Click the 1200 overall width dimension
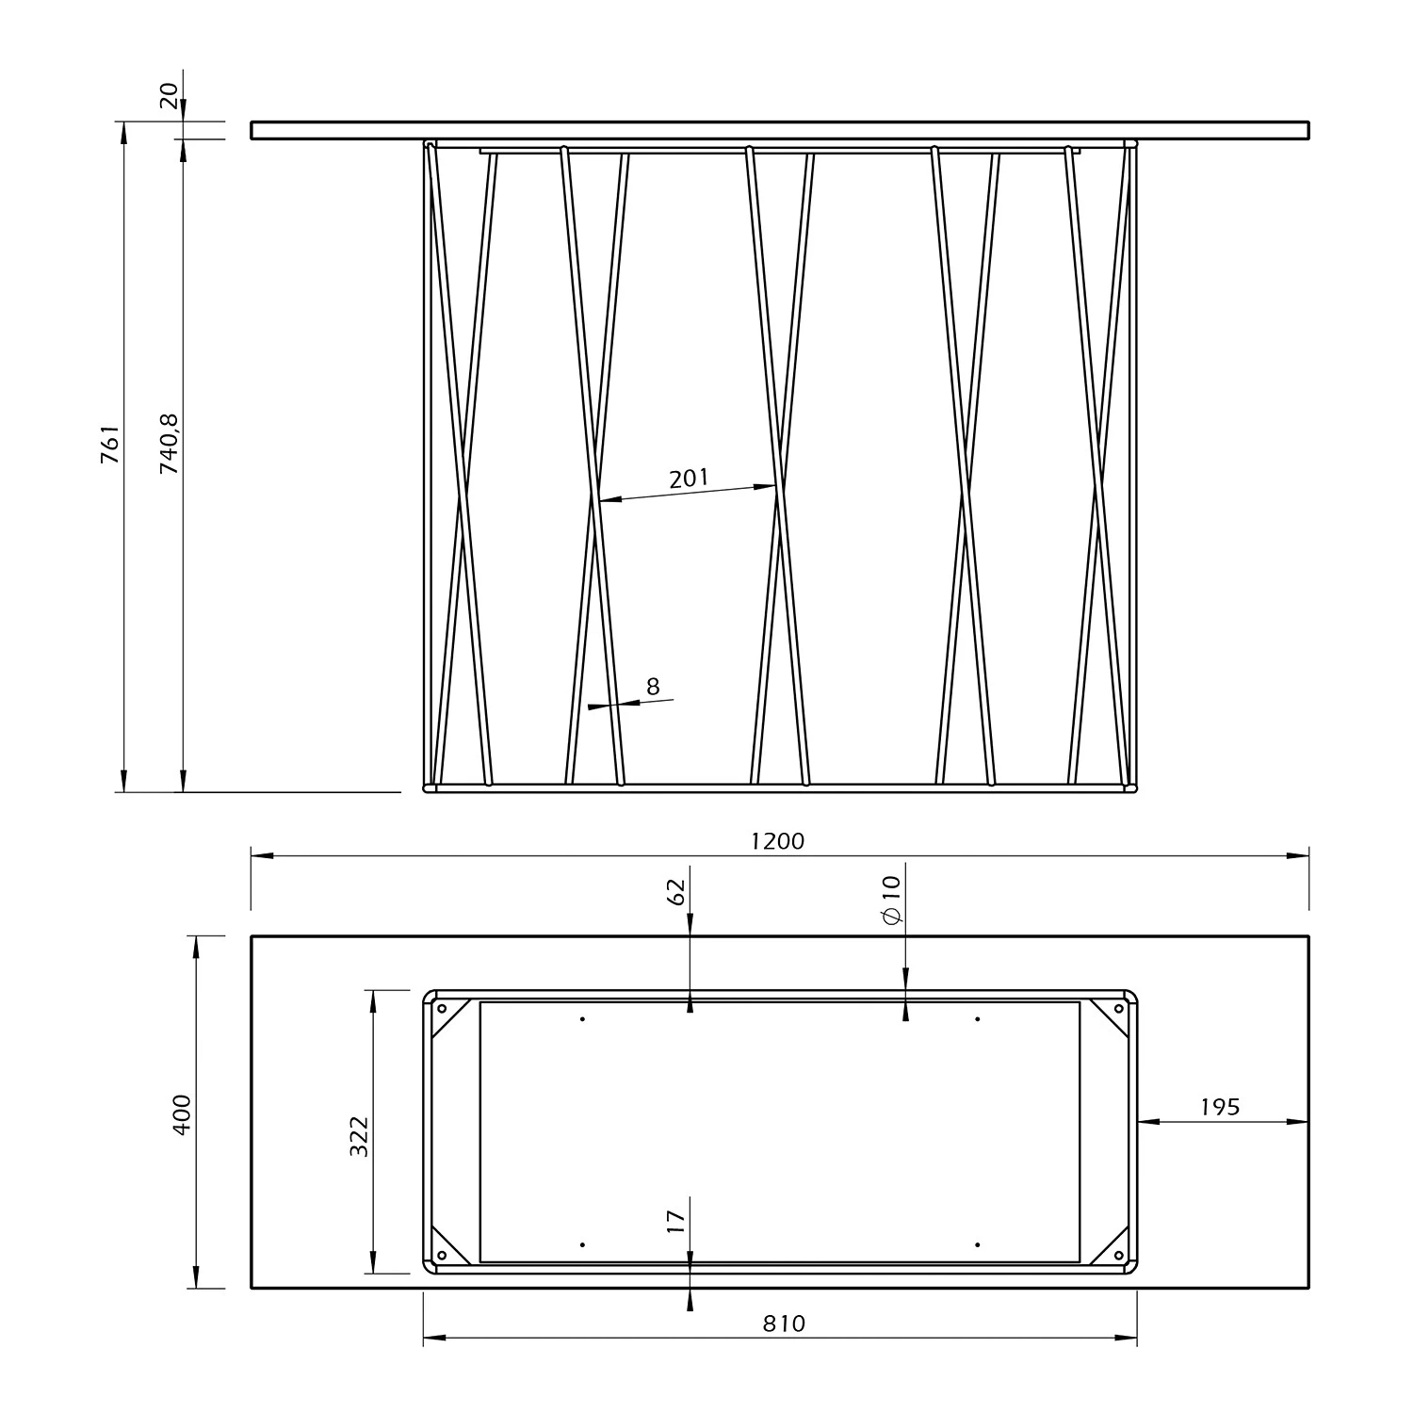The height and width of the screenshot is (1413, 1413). [x=778, y=841]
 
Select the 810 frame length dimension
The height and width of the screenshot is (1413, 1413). [x=784, y=1324]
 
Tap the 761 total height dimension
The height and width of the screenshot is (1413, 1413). [x=111, y=444]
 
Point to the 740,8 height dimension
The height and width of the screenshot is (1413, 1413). [x=170, y=442]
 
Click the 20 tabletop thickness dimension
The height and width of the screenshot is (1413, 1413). [x=169, y=95]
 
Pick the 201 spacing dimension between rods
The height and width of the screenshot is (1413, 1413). [x=689, y=479]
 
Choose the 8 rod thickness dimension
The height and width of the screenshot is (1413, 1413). [x=653, y=687]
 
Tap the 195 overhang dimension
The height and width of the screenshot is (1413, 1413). [x=1220, y=1107]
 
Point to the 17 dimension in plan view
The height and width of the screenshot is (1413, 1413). [x=676, y=1222]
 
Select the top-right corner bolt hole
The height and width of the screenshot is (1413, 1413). [x=1119, y=1009]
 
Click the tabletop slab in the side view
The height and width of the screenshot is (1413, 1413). [x=780, y=130]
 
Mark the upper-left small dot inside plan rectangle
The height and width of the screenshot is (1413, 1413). [x=583, y=1019]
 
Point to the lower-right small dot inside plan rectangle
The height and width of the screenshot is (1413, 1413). [x=978, y=1245]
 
